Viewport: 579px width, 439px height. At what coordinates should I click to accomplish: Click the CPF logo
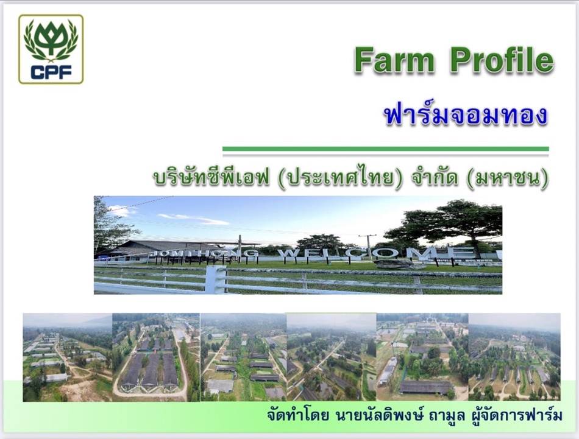click(x=51, y=49)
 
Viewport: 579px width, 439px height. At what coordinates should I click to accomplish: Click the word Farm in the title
click(x=395, y=60)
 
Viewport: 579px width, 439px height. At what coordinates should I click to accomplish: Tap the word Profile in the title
click(x=502, y=60)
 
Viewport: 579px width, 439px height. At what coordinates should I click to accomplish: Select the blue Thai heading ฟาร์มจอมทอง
click(x=466, y=114)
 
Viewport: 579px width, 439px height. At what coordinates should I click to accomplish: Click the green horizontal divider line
click(x=386, y=149)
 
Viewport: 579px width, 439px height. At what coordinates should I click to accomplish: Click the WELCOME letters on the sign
click(x=375, y=253)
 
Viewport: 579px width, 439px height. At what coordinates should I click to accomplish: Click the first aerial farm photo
click(x=68, y=357)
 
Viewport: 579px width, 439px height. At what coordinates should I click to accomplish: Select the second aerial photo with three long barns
click(x=156, y=357)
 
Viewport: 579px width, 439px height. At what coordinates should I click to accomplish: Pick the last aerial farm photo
click(x=514, y=356)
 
